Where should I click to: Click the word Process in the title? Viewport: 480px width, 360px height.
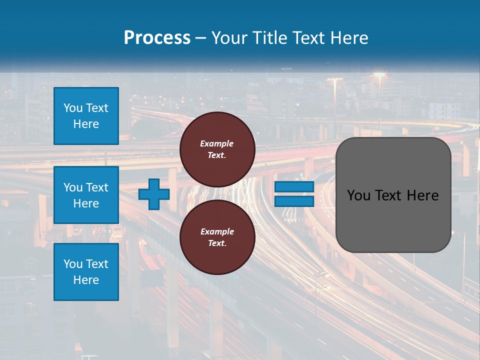point(157,38)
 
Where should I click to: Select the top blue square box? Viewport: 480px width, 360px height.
point(86,116)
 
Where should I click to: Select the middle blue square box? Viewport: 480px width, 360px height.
point(86,195)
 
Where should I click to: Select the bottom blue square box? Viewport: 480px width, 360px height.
point(86,272)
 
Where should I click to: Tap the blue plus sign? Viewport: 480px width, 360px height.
point(153,194)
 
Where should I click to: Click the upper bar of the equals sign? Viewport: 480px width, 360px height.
point(294,187)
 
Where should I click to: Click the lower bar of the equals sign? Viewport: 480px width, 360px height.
point(294,201)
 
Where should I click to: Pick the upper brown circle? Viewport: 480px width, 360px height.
point(217,149)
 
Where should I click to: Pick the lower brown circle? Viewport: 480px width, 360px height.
point(217,237)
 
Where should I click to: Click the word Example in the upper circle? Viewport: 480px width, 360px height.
point(216,143)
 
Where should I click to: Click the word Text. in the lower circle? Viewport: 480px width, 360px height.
point(217,243)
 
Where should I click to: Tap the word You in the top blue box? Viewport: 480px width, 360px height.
point(72,108)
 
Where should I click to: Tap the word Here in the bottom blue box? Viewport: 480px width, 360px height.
point(86,280)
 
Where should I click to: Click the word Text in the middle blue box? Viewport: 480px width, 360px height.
point(97,187)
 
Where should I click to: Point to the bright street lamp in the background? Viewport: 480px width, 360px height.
point(379,75)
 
